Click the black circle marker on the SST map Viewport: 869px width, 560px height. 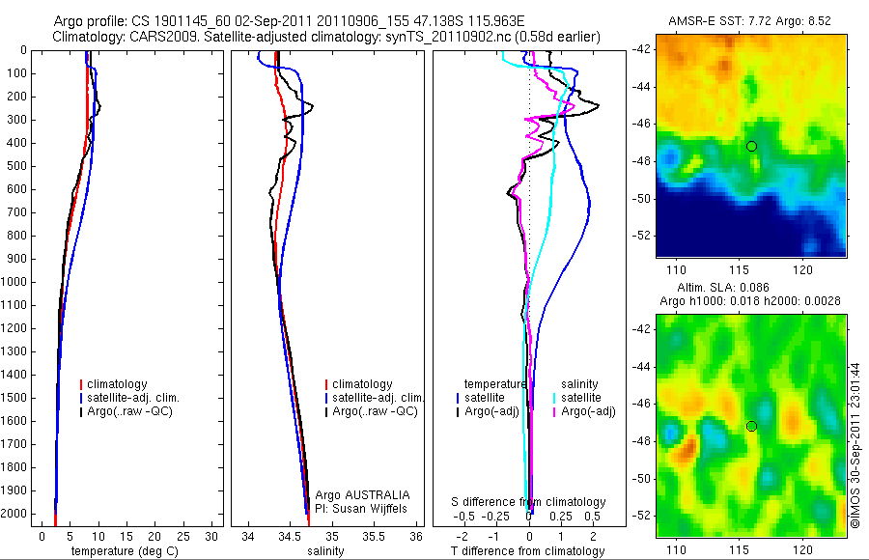tap(751, 146)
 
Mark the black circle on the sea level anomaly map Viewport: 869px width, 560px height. tap(751, 426)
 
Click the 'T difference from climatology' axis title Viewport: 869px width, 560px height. tap(529, 551)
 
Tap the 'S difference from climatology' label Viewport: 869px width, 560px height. tap(529, 502)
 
